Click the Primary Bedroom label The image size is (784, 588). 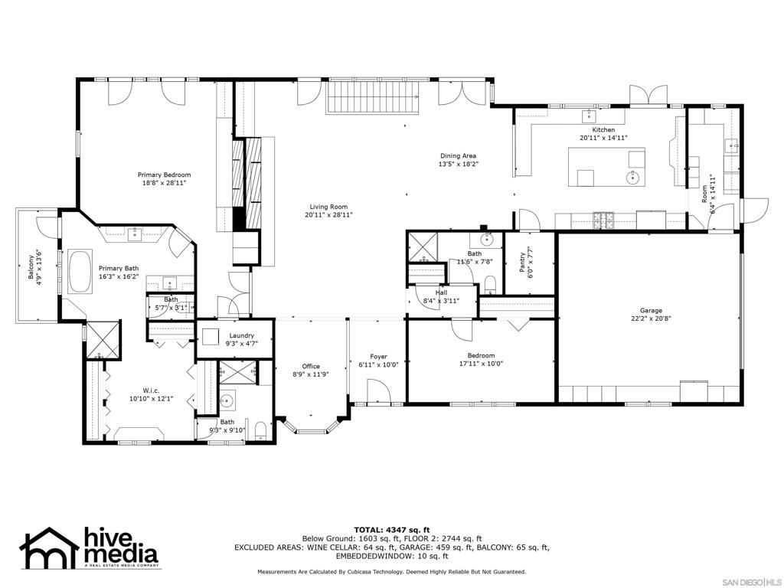click(x=164, y=175)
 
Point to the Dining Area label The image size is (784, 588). click(x=458, y=156)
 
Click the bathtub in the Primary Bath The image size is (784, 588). click(x=80, y=270)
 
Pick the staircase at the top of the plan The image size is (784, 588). click(x=374, y=96)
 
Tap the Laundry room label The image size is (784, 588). click(x=241, y=336)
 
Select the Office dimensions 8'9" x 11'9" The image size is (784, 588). click(x=311, y=374)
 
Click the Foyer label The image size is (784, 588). click(x=378, y=357)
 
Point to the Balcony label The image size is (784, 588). click(x=32, y=269)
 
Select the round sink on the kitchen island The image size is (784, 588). click(x=633, y=178)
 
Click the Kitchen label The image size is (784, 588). click(x=603, y=130)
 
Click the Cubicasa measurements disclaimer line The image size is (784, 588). click(x=391, y=572)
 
